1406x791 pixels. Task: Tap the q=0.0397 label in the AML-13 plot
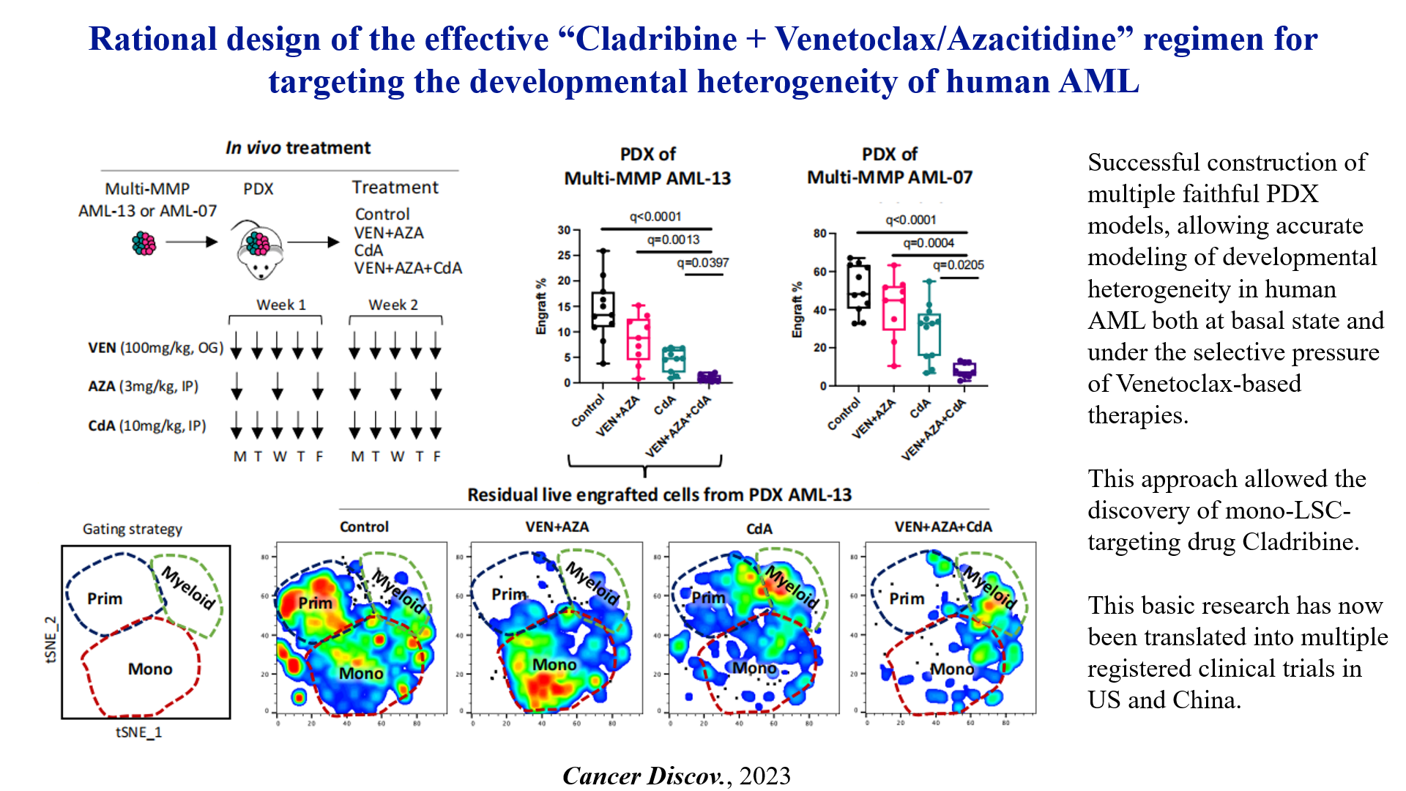pyautogui.click(x=702, y=262)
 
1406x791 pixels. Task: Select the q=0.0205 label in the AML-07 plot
pyautogui.click(x=958, y=265)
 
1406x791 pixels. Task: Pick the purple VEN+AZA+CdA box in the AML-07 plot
pyautogui.click(x=964, y=369)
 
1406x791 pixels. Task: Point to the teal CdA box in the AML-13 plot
pyautogui.click(x=673, y=359)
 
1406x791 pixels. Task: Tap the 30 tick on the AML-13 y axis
pyautogui.click(x=564, y=230)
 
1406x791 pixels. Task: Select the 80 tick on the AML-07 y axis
pyautogui.click(x=819, y=234)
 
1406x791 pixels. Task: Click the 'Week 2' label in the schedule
pyautogui.click(x=393, y=305)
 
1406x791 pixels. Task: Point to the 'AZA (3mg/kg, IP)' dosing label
pyautogui.click(x=144, y=386)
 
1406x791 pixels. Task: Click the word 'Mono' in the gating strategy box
pyautogui.click(x=150, y=669)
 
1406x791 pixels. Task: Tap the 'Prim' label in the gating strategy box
pyautogui.click(x=105, y=598)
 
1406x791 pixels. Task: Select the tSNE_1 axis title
pyautogui.click(x=139, y=732)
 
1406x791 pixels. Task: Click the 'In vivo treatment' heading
pyautogui.click(x=298, y=148)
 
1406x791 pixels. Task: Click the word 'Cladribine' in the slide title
pyautogui.click(x=657, y=39)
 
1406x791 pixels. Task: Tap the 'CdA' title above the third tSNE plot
pyautogui.click(x=759, y=528)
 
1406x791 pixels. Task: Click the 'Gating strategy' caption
pyautogui.click(x=133, y=529)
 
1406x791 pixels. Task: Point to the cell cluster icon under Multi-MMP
pyautogui.click(x=144, y=242)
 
